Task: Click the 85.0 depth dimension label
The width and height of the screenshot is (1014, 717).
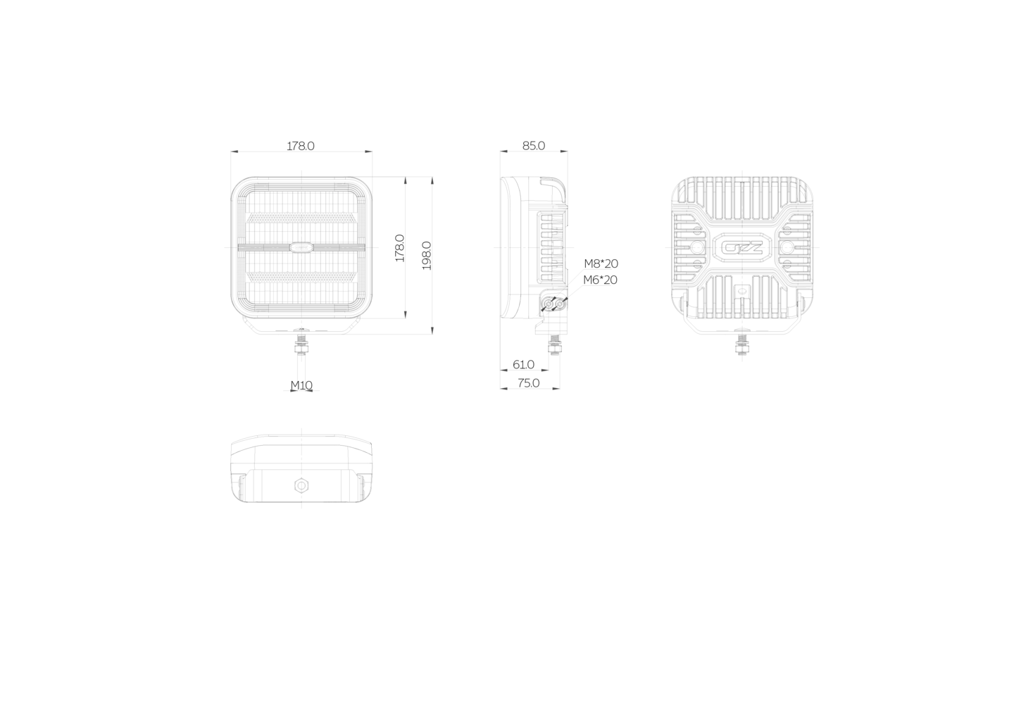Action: pos(534,146)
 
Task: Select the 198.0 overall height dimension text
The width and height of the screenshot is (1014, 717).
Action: pos(427,256)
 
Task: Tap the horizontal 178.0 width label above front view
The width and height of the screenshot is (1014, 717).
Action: pos(301,146)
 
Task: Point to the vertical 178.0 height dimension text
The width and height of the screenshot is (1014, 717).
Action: pos(399,248)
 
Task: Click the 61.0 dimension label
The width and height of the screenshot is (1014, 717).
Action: pos(523,364)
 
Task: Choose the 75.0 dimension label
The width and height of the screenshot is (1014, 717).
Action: pos(529,383)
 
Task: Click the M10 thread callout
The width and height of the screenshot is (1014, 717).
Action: pos(301,385)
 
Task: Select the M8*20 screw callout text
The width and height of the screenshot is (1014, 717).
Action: pos(601,263)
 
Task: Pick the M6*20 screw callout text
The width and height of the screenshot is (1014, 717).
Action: pos(600,280)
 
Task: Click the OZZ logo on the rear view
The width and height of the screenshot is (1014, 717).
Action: pos(742,248)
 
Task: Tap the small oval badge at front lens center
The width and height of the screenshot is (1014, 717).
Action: pos(301,247)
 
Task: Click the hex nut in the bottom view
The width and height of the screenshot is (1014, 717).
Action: pos(301,486)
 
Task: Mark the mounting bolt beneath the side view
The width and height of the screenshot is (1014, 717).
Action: pos(554,345)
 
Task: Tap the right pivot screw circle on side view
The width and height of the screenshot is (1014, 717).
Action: pos(560,304)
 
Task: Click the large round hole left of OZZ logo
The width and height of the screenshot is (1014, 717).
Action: pos(698,247)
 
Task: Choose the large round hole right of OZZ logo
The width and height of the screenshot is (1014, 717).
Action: pos(787,247)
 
